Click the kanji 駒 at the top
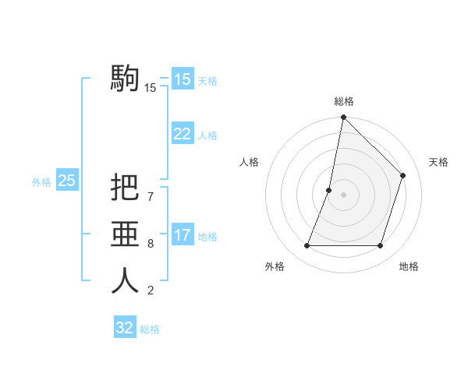click(x=125, y=78)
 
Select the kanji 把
click(x=125, y=188)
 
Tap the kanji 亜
click(x=125, y=234)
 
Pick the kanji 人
click(x=125, y=281)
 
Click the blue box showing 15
click(x=182, y=79)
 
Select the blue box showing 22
click(x=182, y=134)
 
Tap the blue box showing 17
click(x=182, y=235)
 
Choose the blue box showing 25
click(x=66, y=181)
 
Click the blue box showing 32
click(x=125, y=328)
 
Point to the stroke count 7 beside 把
click(x=151, y=197)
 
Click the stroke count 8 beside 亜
click(x=151, y=244)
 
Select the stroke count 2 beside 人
click(x=151, y=291)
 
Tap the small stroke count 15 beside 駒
click(x=151, y=88)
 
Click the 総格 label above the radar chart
click(x=344, y=101)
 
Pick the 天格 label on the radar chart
click(x=438, y=162)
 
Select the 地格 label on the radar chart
click(x=409, y=266)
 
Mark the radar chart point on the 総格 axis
click(x=343, y=118)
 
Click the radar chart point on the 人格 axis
click(x=329, y=190)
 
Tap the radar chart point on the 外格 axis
click(x=307, y=246)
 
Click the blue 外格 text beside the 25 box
click(x=41, y=182)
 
